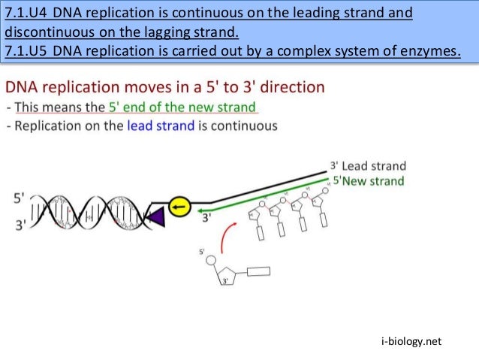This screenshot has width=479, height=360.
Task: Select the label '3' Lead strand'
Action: pos(368,166)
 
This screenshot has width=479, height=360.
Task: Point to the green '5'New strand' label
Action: pos(368,181)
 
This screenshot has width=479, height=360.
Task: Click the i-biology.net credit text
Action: pos(413,342)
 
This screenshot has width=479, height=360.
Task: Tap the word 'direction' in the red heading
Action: pos(288,88)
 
